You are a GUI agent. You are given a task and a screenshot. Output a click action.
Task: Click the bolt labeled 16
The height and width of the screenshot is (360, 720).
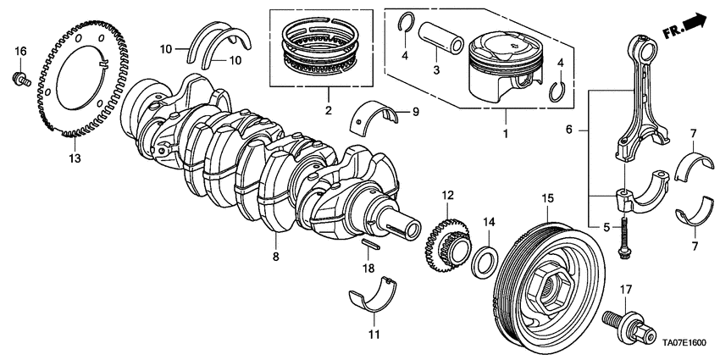click(x=19, y=80)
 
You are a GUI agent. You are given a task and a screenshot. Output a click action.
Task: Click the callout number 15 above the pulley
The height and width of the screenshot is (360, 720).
click(x=547, y=198)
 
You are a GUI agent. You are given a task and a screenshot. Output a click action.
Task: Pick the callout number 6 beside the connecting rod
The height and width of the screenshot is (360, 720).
click(x=569, y=130)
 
